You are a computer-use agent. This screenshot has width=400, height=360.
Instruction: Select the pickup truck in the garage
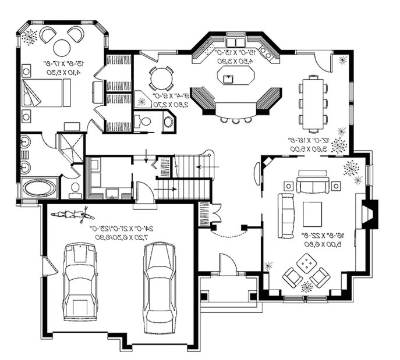80,280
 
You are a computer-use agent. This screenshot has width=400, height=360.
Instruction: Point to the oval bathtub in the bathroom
40,188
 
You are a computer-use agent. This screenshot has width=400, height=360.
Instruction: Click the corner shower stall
70,148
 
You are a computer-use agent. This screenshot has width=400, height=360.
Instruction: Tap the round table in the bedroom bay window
62,48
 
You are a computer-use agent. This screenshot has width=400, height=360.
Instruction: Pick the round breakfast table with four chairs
161,79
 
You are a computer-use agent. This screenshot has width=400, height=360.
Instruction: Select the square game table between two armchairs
306,266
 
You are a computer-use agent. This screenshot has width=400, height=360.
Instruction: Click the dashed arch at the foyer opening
229,234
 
